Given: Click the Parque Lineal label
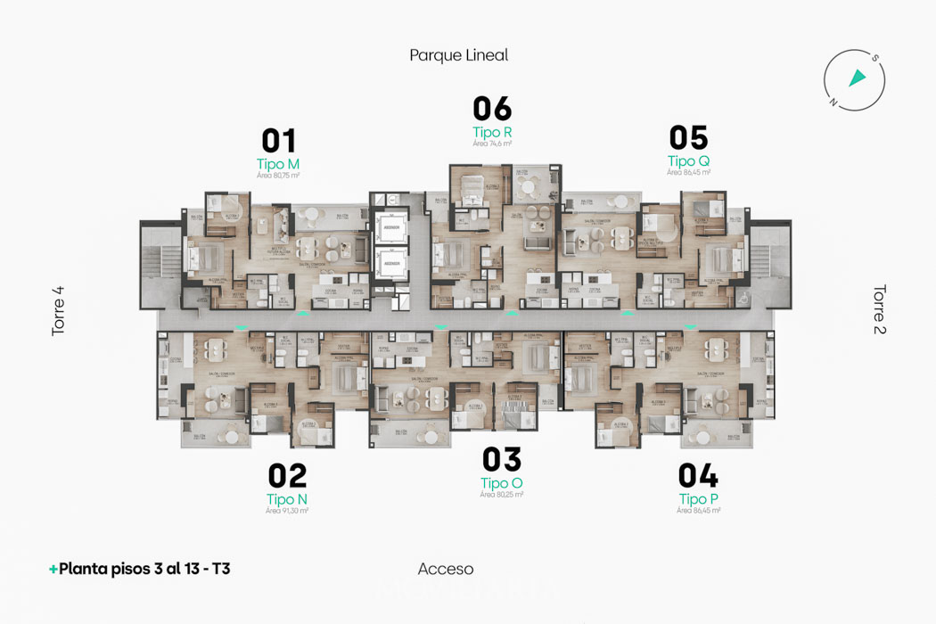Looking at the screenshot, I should click(x=458, y=55).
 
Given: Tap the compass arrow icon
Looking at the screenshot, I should click(x=857, y=78).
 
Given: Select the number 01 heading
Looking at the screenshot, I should click(x=278, y=141).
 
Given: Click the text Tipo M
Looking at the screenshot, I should click(x=278, y=164).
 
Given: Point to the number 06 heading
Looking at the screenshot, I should click(x=492, y=109).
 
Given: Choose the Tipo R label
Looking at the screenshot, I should click(x=492, y=132).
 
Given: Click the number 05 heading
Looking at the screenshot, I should click(x=688, y=138).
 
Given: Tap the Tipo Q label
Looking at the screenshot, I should click(x=688, y=161).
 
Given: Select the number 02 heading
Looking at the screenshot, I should click(x=287, y=476).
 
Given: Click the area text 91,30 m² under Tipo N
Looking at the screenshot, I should click(x=287, y=511).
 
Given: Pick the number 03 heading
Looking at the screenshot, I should click(x=502, y=460).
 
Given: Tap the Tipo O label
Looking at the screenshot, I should click(x=502, y=483).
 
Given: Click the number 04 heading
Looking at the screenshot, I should click(x=698, y=476).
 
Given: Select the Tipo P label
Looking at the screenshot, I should click(x=698, y=499).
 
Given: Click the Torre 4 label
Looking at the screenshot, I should click(x=59, y=310).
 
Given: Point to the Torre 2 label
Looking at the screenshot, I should click(x=879, y=309).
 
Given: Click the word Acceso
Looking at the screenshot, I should click(x=446, y=569).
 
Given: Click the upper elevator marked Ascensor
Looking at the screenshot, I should click(x=390, y=228).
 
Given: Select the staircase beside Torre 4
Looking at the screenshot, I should click(x=160, y=264).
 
